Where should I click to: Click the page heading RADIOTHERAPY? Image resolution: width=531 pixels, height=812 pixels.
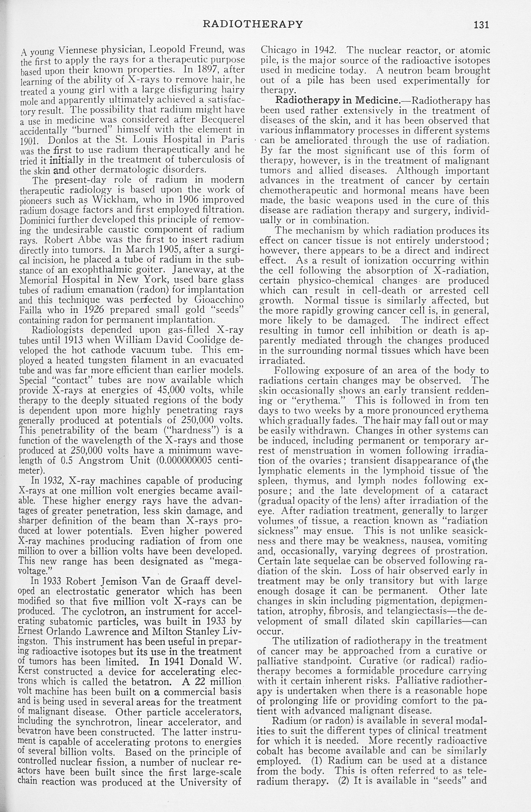(253, 24)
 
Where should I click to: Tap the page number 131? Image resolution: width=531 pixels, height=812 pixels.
(481, 25)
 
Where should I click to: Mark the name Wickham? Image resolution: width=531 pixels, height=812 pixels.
(112, 200)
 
